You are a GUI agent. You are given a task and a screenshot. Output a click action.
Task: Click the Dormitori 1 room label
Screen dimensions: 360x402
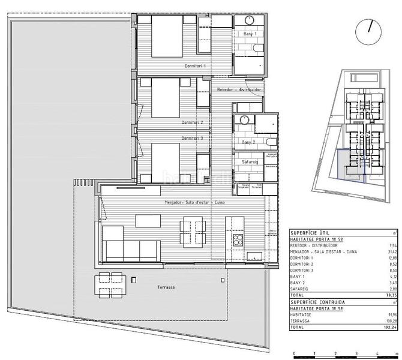pos(195,65)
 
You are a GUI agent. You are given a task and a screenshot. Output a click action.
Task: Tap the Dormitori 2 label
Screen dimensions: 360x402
pos(193,122)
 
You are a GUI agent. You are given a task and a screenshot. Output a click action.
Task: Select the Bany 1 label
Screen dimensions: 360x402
pos(248,34)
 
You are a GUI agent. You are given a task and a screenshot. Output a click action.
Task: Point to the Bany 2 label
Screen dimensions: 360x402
pos(248,142)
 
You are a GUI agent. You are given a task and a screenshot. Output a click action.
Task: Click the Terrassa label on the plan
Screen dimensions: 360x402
pos(166,287)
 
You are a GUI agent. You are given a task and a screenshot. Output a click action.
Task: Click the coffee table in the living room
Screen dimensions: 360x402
pos(148,221)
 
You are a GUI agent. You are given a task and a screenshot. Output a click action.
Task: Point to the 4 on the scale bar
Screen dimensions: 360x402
pos(377,354)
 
